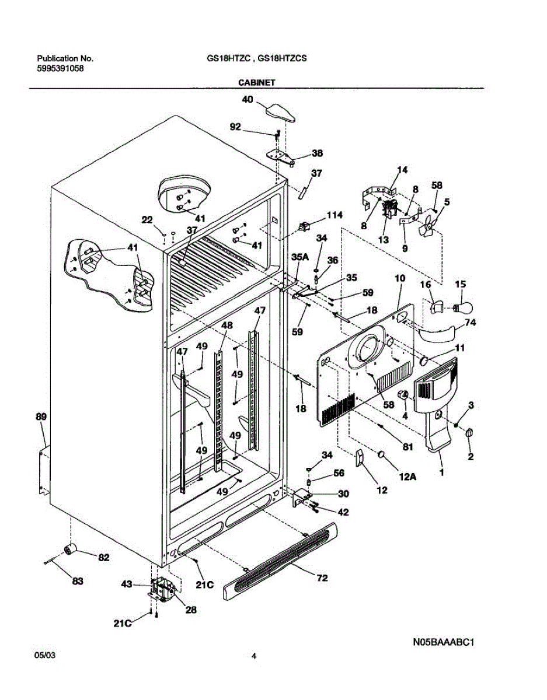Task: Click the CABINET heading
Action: point(256,83)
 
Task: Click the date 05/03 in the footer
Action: point(46,656)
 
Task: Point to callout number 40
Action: point(248,100)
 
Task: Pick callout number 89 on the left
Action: point(40,417)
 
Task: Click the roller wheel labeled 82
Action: point(71,549)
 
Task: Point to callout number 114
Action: point(335,215)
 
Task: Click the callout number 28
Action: point(190,610)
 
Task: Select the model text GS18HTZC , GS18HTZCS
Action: point(257,58)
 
